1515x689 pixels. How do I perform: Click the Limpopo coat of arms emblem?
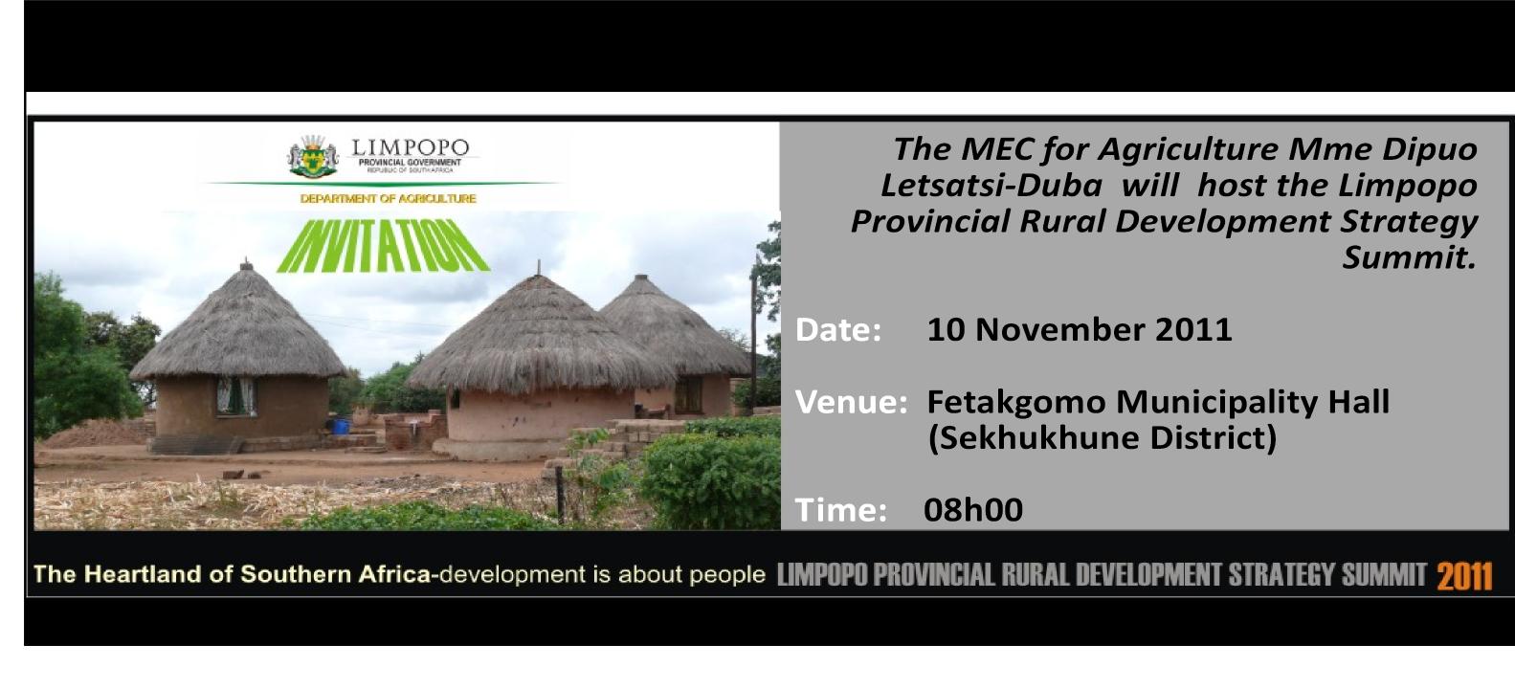coord(312,157)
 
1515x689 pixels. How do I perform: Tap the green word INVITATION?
coord(384,245)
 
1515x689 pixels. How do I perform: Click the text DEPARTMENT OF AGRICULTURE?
coord(388,199)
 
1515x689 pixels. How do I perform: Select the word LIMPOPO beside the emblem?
coord(410,147)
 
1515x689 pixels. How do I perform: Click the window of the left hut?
coord(236,395)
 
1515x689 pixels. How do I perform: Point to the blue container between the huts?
coord(342,426)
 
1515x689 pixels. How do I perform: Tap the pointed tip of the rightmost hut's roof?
coord(641,276)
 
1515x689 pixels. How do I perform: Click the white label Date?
coord(838,330)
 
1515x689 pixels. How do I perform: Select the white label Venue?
coord(851,402)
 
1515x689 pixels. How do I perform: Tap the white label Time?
coord(840,510)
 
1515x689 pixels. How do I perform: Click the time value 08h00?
coord(973,510)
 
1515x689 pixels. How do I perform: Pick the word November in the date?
coord(1059,330)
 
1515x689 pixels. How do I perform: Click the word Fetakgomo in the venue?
coord(1015,403)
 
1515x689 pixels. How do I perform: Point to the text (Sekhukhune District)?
coord(1103,438)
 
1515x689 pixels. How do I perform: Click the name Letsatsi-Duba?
coord(991,186)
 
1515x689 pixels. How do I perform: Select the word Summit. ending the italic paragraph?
coord(1410,257)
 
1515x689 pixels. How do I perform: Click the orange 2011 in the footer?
coord(1464,577)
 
